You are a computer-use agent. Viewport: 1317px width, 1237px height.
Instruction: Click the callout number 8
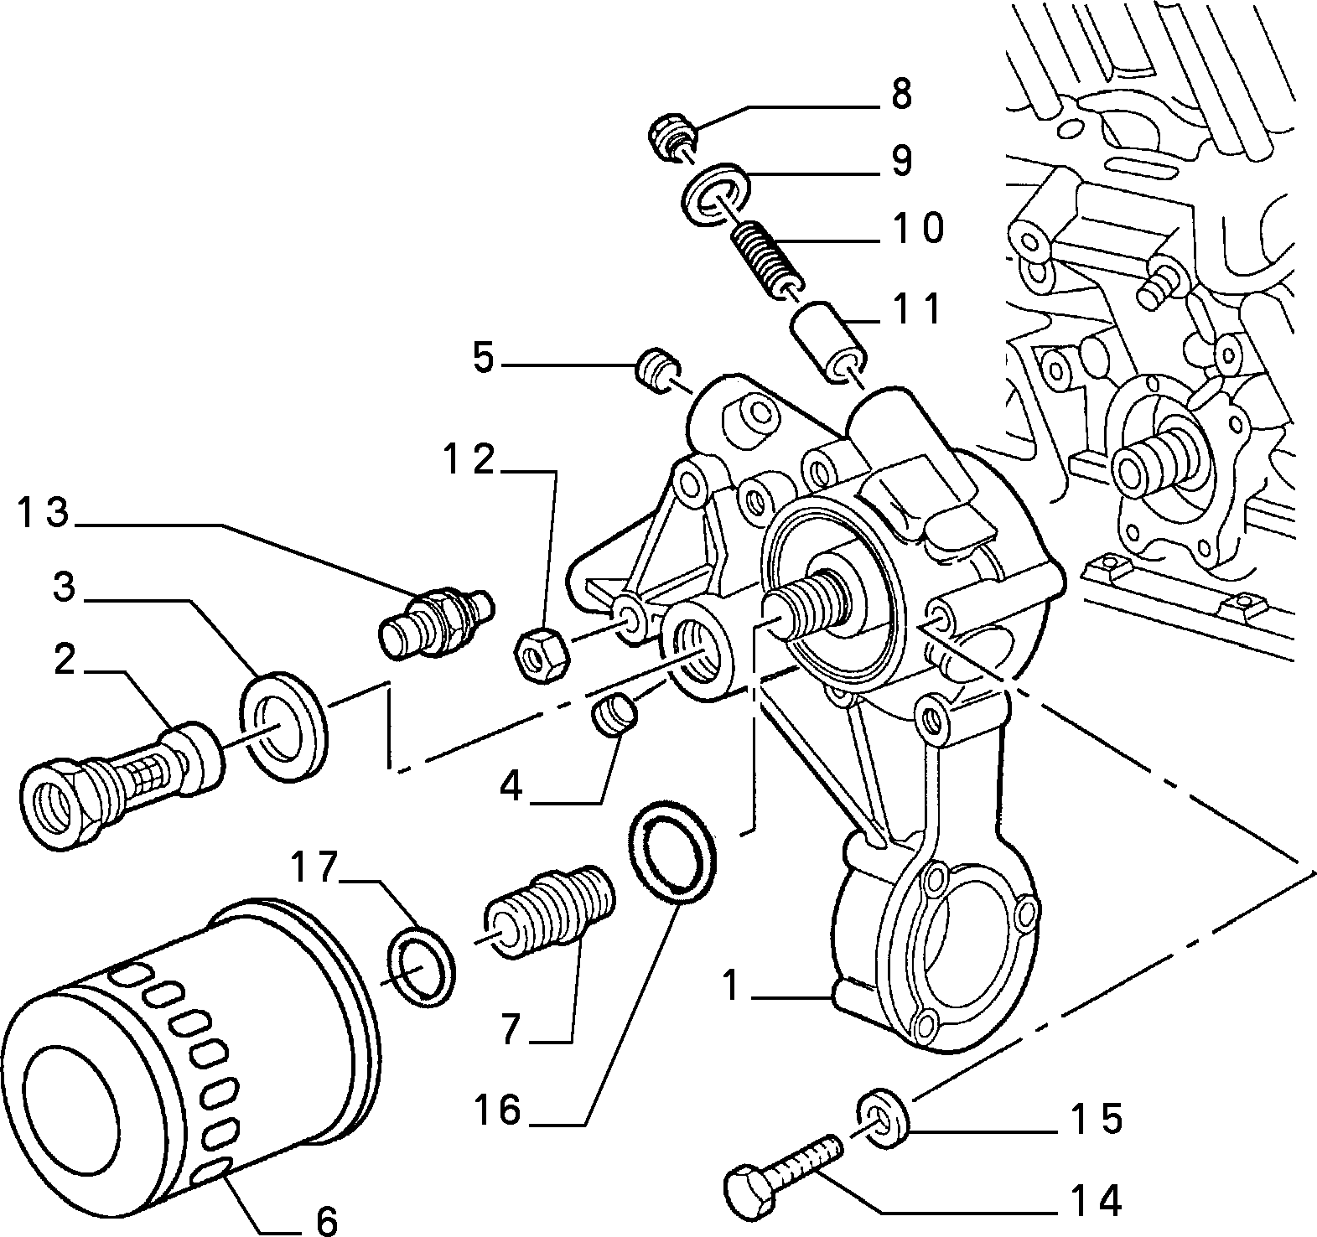click(x=901, y=96)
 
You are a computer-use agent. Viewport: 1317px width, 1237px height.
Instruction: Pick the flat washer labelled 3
click(x=283, y=727)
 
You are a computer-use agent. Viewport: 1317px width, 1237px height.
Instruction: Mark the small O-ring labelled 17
click(x=422, y=965)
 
